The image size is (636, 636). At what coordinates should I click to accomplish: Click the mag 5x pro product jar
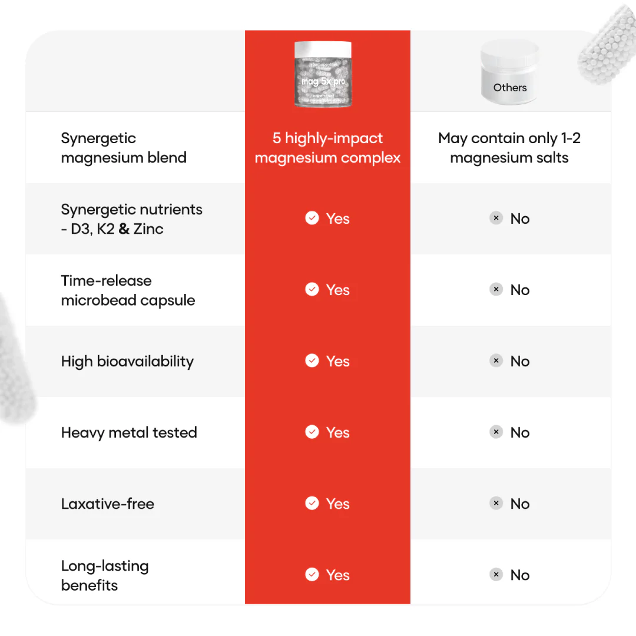[323, 75]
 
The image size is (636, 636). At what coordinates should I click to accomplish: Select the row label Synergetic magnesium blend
[124, 148]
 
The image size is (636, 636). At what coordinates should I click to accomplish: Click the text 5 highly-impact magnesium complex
[327, 148]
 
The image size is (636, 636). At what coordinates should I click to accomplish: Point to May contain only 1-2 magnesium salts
[509, 148]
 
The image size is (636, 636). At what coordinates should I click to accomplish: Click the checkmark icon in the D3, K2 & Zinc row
[312, 218]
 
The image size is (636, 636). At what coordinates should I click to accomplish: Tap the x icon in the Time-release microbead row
[496, 290]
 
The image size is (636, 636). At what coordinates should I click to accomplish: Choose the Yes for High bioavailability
[337, 361]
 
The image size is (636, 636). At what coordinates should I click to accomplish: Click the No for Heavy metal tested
[520, 432]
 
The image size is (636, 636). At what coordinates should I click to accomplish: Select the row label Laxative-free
[108, 504]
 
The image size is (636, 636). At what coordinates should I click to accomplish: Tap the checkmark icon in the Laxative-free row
[312, 503]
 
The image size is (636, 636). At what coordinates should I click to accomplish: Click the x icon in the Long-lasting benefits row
[496, 575]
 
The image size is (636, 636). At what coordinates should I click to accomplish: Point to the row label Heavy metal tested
[129, 433]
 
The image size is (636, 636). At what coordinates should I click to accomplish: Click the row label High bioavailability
[127, 362]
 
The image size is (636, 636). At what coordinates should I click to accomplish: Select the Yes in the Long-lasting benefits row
[337, 575]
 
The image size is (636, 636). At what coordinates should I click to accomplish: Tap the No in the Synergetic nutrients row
[520, 218]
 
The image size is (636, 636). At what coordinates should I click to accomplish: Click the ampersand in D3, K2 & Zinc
[124, 229]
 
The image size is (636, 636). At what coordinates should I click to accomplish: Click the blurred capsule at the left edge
[15, 359]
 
